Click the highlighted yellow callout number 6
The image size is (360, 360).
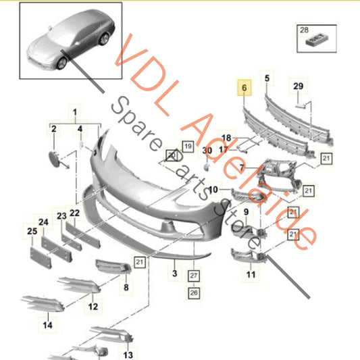coord(244,88)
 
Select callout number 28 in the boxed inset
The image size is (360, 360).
coord(304,30)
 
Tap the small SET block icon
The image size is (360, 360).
coord(317,39)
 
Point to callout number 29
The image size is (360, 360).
coord(299,86)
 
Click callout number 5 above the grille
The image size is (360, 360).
coord(267,78)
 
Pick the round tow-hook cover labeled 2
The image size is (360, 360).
coord(54,159)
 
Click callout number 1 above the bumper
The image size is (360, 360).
coord(75,112)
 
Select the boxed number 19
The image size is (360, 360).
coord(188,147)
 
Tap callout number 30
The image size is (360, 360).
coord(207,151)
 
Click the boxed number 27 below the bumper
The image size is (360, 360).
coord(194,276)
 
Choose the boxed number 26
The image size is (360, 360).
coord(194,292)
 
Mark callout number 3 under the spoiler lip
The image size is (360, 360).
coord(175,274)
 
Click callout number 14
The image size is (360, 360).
coord(47,325)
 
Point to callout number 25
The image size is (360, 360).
coord(32,231)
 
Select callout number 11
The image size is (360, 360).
coord(251,274)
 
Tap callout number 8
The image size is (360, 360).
coord(126,287)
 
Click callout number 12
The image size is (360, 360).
coord(93,307)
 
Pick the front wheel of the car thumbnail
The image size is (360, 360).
coord(62,63)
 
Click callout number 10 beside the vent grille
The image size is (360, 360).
coord(213,190)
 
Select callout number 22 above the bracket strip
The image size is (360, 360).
coord(74,213)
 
